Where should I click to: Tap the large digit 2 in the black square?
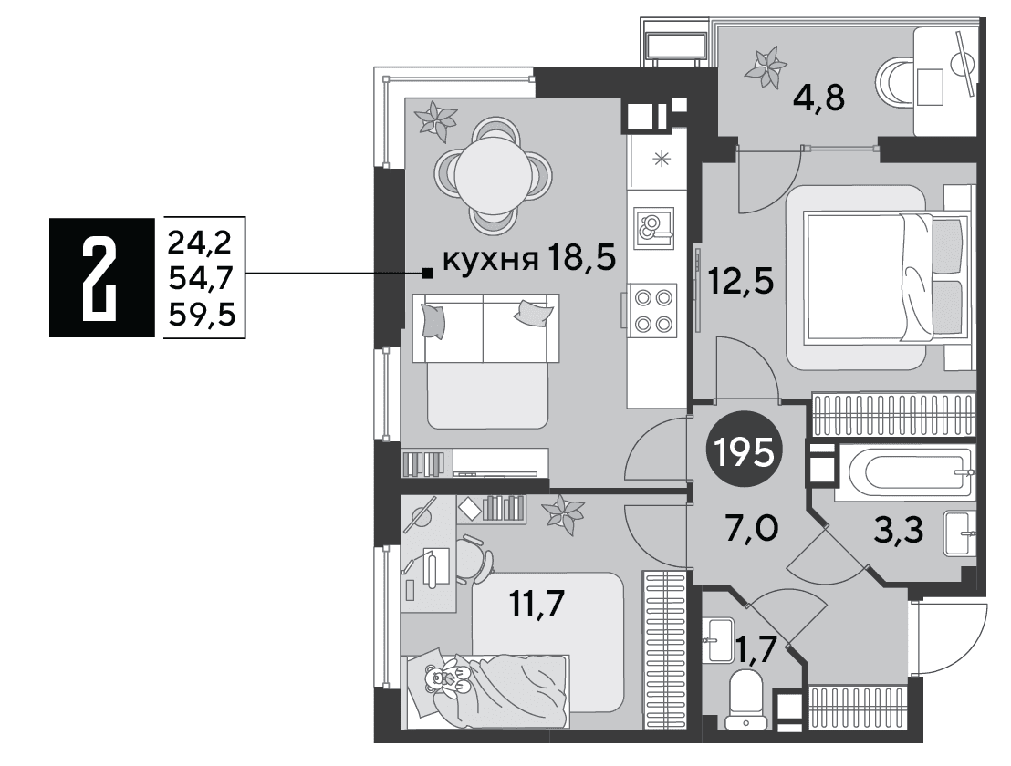(100, 277)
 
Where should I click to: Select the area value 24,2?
(200, 243)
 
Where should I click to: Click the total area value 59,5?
(202, 315)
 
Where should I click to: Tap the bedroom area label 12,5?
(741, 281)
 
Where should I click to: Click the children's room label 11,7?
(537, 603)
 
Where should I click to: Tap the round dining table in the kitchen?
(494, 174)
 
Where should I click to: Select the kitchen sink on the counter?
(653, 228)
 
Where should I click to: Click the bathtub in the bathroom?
(902, 471)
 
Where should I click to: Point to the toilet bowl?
(745, 699)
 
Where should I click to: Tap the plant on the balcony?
(766, 66)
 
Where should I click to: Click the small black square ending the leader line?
(426, 274)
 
